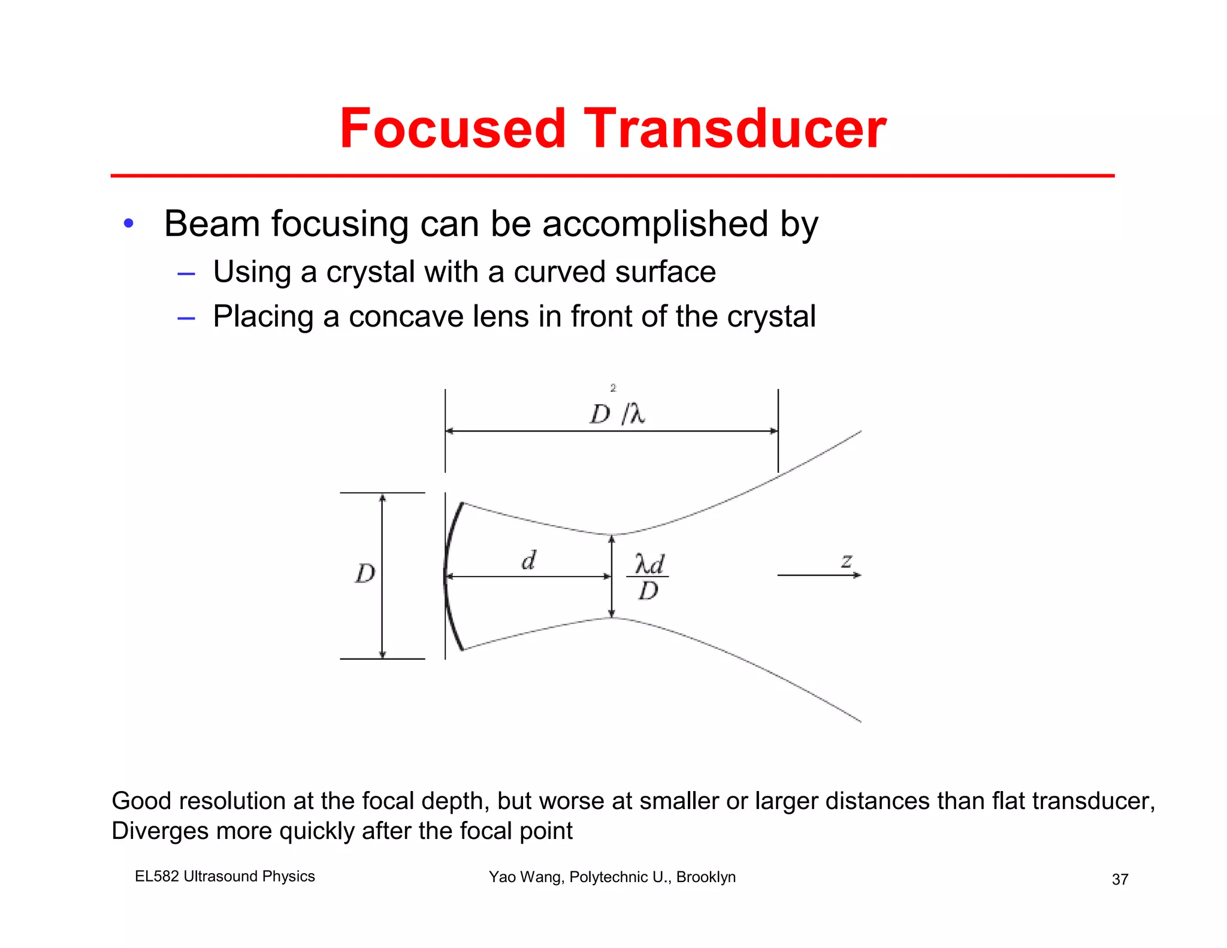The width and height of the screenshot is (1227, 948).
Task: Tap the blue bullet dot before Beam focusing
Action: click(x=128, y=224)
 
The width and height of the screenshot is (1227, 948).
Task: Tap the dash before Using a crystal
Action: click(x=186, y=274)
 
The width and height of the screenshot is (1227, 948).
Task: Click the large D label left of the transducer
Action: click(x=365, y=574)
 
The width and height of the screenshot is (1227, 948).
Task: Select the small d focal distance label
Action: click(x=528, y=561)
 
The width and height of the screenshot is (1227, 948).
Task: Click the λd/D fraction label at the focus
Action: click(x=648, y=577)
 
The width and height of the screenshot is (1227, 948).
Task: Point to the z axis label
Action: click(x=846, y=561)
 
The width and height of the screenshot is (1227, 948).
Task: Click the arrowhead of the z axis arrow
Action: click(x=858, y=575)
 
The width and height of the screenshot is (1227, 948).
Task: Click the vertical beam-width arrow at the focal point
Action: click(x=612, y=575)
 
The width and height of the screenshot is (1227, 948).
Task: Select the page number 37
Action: click(x=1120, y=879)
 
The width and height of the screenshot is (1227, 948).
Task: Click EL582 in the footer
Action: click(x=156, y=876)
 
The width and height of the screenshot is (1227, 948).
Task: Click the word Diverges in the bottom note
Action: click(x=159, y=831)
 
